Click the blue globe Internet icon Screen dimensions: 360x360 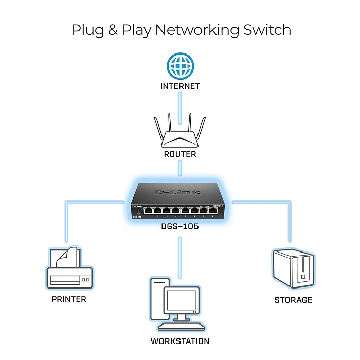click(179, 67)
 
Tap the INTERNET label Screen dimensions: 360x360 click(180, 86)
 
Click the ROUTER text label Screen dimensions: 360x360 click(180, 154)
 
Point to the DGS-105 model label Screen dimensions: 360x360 click(179, 225)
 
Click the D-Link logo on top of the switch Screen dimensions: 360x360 click(175, 192)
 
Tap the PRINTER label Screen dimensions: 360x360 click(69, 299)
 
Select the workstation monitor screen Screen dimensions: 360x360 click(182, 300)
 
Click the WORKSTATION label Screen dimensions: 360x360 click(180, 341)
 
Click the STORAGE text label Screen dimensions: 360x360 click(293, 300)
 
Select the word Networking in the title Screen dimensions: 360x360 click(195, 30)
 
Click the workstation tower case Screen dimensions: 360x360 click(157, 298)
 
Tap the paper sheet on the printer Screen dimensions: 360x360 click(69, 257)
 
